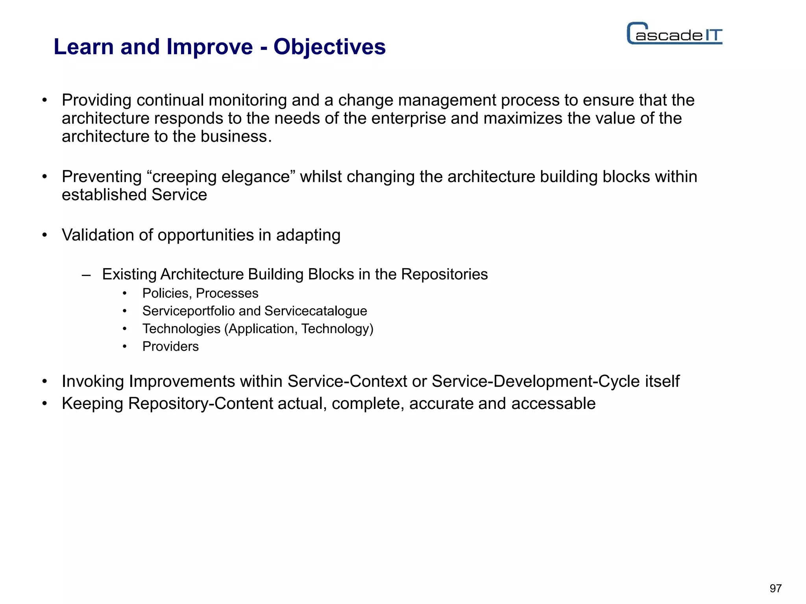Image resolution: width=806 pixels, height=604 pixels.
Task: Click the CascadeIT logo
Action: (x=674, y=34)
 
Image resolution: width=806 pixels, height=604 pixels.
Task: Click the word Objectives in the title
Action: (x=329, y=47)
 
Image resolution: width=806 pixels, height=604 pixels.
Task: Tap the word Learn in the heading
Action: (x=83, y=47)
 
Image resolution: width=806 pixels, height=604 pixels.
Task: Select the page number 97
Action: (x=775, y=588)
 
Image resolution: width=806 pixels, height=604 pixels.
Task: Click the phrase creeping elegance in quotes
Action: (x=221, y=177)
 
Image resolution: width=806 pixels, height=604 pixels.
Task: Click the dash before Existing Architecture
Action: (x=86, y=275)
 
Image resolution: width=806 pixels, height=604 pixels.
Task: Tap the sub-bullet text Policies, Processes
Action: (x=200, y=293)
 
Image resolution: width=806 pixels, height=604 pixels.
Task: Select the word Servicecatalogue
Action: (x=316, y=311)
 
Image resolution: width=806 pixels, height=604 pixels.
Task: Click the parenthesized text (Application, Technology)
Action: (x=299, y=329)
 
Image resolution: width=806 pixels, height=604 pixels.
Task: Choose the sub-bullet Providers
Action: (x=170, y=346)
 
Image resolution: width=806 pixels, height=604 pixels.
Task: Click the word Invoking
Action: (x=93, y=381)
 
